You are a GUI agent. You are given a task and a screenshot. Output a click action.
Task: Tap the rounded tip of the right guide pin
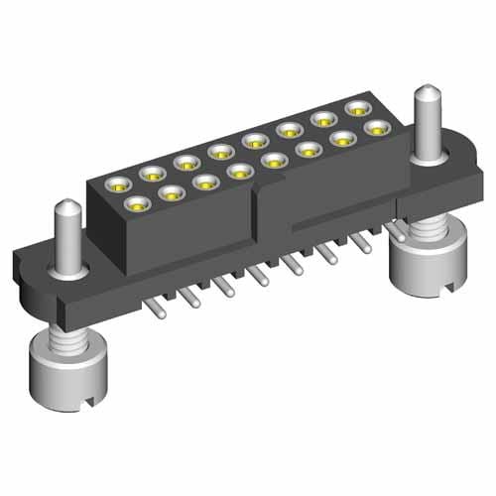tap(426, 94)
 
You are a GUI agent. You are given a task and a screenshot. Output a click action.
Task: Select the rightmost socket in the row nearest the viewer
tap(377, 128)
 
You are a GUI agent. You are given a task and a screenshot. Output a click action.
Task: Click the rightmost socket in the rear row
tap(356, 107)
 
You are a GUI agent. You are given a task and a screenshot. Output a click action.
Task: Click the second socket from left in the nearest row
tap(174, 192)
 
